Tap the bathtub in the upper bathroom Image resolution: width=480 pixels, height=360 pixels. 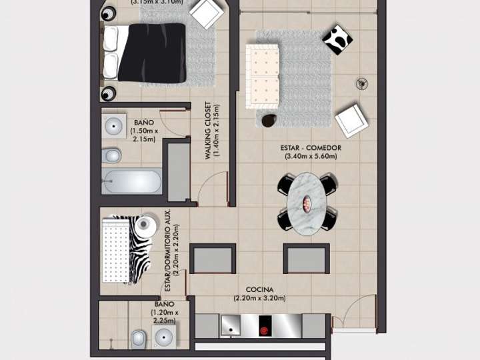coord(133,181)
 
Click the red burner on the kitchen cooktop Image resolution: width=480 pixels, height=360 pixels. coord(264,329)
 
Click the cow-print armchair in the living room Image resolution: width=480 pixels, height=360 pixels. coord(338,39)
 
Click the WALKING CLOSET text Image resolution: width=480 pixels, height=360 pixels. coord(209,131)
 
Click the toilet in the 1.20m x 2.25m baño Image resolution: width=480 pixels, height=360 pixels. coord(139,338)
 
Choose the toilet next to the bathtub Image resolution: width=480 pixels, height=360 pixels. coord(111,156)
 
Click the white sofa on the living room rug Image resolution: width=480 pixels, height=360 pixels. coord(262,76)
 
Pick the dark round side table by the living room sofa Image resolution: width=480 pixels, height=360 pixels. coord(269,121)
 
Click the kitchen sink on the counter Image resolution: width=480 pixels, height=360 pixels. coord(231,326)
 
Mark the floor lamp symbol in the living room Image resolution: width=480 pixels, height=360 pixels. coord(362,83)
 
